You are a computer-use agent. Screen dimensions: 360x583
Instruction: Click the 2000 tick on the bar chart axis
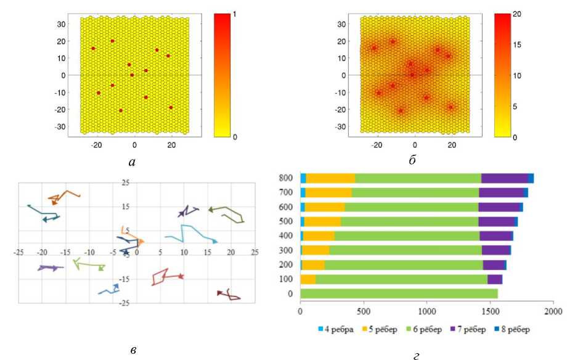(553, 312)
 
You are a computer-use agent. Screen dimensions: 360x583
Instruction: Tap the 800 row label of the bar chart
(285, 178)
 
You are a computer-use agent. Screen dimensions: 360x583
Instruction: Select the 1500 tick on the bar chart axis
(490, 312)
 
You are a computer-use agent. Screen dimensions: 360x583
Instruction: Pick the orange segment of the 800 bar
(330, 178)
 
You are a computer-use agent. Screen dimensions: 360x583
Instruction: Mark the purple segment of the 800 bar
(504, 178)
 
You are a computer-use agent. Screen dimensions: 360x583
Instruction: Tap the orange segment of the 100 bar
(308, 279)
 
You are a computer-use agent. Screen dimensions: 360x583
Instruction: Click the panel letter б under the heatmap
(412, 161)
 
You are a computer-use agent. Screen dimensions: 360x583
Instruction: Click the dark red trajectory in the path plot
(229, 295)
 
